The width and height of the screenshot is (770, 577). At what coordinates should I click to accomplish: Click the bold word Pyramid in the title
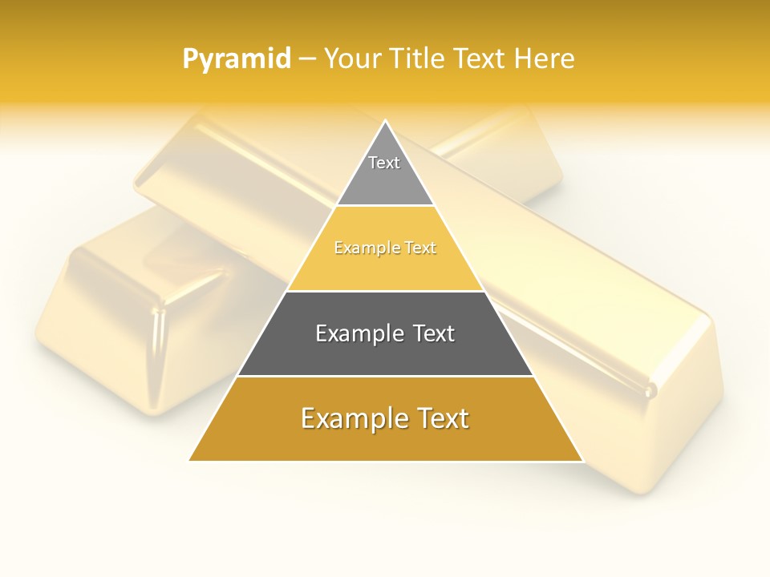click(x=237, y=59)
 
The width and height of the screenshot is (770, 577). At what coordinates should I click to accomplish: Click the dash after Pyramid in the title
click(x=307, y=60)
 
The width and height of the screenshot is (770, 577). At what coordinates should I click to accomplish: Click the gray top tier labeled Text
click(x=385, y=172)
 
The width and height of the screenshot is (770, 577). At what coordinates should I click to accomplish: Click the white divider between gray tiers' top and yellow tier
click(x=385, y=206)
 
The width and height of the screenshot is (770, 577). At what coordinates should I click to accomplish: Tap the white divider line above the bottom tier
click(x=385, y=376)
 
